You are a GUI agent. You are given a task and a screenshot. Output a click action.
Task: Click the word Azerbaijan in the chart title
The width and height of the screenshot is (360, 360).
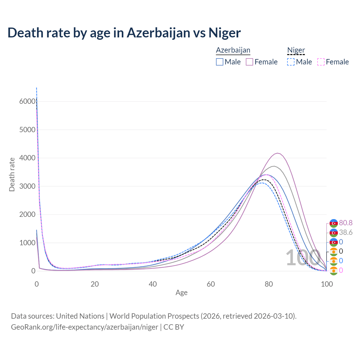(158, 33)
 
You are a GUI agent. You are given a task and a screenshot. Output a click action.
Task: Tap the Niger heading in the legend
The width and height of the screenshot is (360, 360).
(296, 50)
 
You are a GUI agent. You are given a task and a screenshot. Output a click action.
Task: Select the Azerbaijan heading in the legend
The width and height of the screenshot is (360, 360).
(233, 50)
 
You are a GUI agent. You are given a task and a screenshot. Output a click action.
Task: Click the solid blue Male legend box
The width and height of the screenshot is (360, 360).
(220, 62)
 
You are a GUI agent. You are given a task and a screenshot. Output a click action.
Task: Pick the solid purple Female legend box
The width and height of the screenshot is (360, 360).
(249, 62)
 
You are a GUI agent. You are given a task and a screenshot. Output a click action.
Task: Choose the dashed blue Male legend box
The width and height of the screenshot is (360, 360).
(291, 62)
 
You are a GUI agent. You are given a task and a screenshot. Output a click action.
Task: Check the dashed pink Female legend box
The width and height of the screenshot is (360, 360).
(321, 62)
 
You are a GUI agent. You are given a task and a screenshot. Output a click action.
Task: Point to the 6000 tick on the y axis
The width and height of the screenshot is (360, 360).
(27, 101)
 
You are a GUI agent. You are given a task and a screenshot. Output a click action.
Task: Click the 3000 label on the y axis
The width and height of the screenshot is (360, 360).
(27, 186)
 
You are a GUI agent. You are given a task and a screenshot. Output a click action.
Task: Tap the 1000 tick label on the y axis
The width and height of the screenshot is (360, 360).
(27, 243)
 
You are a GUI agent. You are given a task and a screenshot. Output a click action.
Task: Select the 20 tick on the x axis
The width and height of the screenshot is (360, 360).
(95, 284)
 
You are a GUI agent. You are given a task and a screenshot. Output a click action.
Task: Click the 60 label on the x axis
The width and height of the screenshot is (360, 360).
(211, 284)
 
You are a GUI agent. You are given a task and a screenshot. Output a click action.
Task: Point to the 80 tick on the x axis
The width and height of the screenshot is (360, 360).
(269, 284)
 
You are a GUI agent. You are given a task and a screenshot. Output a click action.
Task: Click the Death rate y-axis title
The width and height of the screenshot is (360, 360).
(12, 174)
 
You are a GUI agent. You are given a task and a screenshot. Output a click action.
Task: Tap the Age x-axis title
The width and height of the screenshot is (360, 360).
(181, 293)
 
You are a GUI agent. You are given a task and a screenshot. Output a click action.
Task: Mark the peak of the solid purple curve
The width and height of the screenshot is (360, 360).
(278, 153)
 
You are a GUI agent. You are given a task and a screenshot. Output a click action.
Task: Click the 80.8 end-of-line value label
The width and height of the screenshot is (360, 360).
(346, 223)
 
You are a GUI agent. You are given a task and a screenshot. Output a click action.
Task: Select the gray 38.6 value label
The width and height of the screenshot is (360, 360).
(346, 233)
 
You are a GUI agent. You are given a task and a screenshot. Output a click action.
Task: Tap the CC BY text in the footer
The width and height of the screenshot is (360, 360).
(174, 327)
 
